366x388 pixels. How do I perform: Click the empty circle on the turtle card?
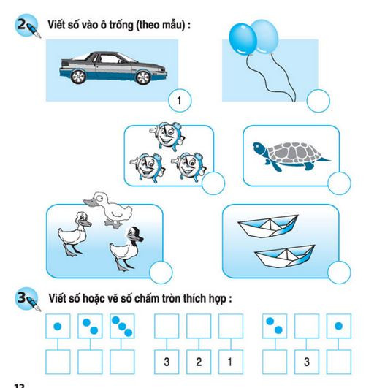click(x=339, y=185)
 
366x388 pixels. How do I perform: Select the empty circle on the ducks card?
click(x=161, y=273)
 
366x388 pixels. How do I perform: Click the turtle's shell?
click(x=290, y=154)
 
